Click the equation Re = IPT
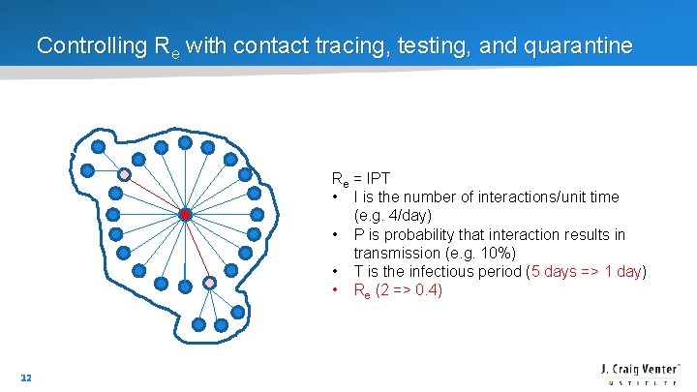tap(361, 179)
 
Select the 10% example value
tap(493, 253)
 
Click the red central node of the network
tap(185, 214)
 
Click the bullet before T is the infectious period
tap(335, 271)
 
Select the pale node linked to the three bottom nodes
tap(209, 283)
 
